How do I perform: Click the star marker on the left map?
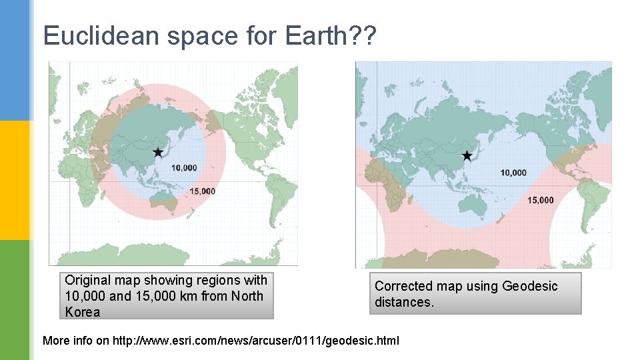(x=158, y=152)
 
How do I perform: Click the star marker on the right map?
(x=467, y=155)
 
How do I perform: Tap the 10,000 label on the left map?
(x=184, y=167)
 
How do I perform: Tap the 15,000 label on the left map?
(x=202, y=191)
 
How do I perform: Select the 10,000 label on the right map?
(x=513, y=173)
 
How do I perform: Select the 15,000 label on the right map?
(x=540, y=200)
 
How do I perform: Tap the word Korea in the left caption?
(x=83, y=312)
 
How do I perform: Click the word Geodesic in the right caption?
(x=530, y=286)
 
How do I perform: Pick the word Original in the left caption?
(x=91, y=281)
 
